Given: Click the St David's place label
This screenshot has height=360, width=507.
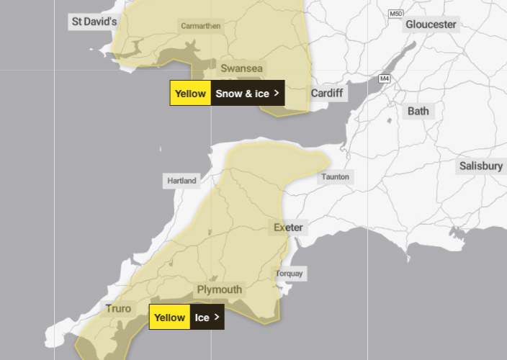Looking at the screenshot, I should [x=94, y=22].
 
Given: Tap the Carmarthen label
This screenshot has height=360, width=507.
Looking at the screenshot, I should [x=201, y=26].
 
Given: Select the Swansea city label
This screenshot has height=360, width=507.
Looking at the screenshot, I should [x=242, y=68].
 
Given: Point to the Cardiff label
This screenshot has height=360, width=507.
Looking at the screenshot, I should [x=328, y=94].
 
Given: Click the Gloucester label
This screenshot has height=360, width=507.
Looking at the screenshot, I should [x=431, y=24].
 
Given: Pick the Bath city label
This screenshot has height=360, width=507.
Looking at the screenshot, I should [x=418, y=111].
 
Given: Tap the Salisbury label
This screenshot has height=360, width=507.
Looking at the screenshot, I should [x=480, y=166].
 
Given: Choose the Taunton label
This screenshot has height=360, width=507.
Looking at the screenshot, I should [x=336, y=176].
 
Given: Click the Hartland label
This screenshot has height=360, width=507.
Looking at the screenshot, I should [x=181, y=181].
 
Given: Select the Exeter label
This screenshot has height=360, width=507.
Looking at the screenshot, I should [x=288, y=228].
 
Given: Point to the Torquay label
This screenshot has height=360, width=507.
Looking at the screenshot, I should [x=290, y=274].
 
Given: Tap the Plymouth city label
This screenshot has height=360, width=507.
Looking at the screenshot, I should [x=220, y=289].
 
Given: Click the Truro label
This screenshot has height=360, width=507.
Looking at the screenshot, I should [x=119, y=309].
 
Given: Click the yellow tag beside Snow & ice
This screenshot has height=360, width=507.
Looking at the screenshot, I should [x=191, y=93].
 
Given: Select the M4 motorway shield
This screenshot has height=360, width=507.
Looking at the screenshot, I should [x=385, y=78].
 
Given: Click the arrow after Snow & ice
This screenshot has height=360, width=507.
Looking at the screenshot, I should [x=276, y=93].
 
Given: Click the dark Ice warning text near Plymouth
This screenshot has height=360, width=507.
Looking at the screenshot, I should [x=202, y=317].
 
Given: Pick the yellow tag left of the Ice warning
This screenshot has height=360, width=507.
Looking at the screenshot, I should [x=170, y=317].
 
